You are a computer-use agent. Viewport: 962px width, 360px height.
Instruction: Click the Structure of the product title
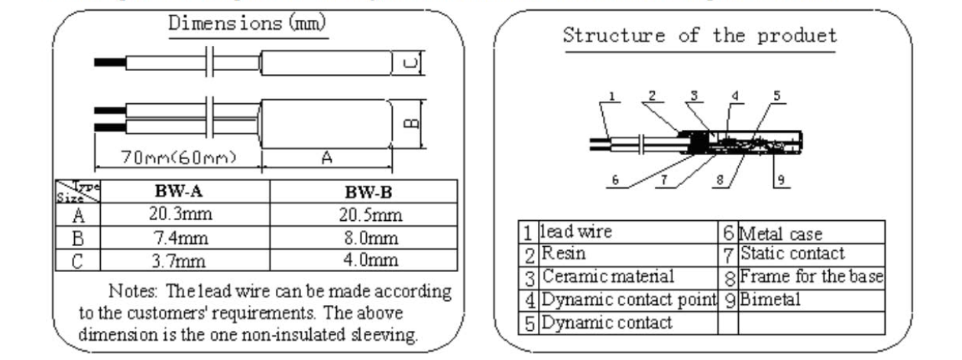699,35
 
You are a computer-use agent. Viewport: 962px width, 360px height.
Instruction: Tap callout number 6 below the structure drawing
615,181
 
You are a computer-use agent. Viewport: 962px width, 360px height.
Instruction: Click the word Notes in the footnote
134,291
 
